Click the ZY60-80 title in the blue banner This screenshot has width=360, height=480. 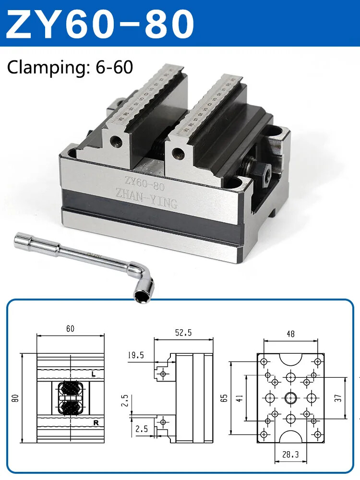(x=101, y=23)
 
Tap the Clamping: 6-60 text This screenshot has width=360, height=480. (x=70, y=67)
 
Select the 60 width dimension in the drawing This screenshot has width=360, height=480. (x=70, y=329)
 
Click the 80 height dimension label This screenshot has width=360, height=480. (x=16, y=398)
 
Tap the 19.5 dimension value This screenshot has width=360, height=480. (x=136, y=356)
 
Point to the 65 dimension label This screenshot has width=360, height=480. (x=224, y=397)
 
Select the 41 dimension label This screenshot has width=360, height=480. (x=239, y=397)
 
